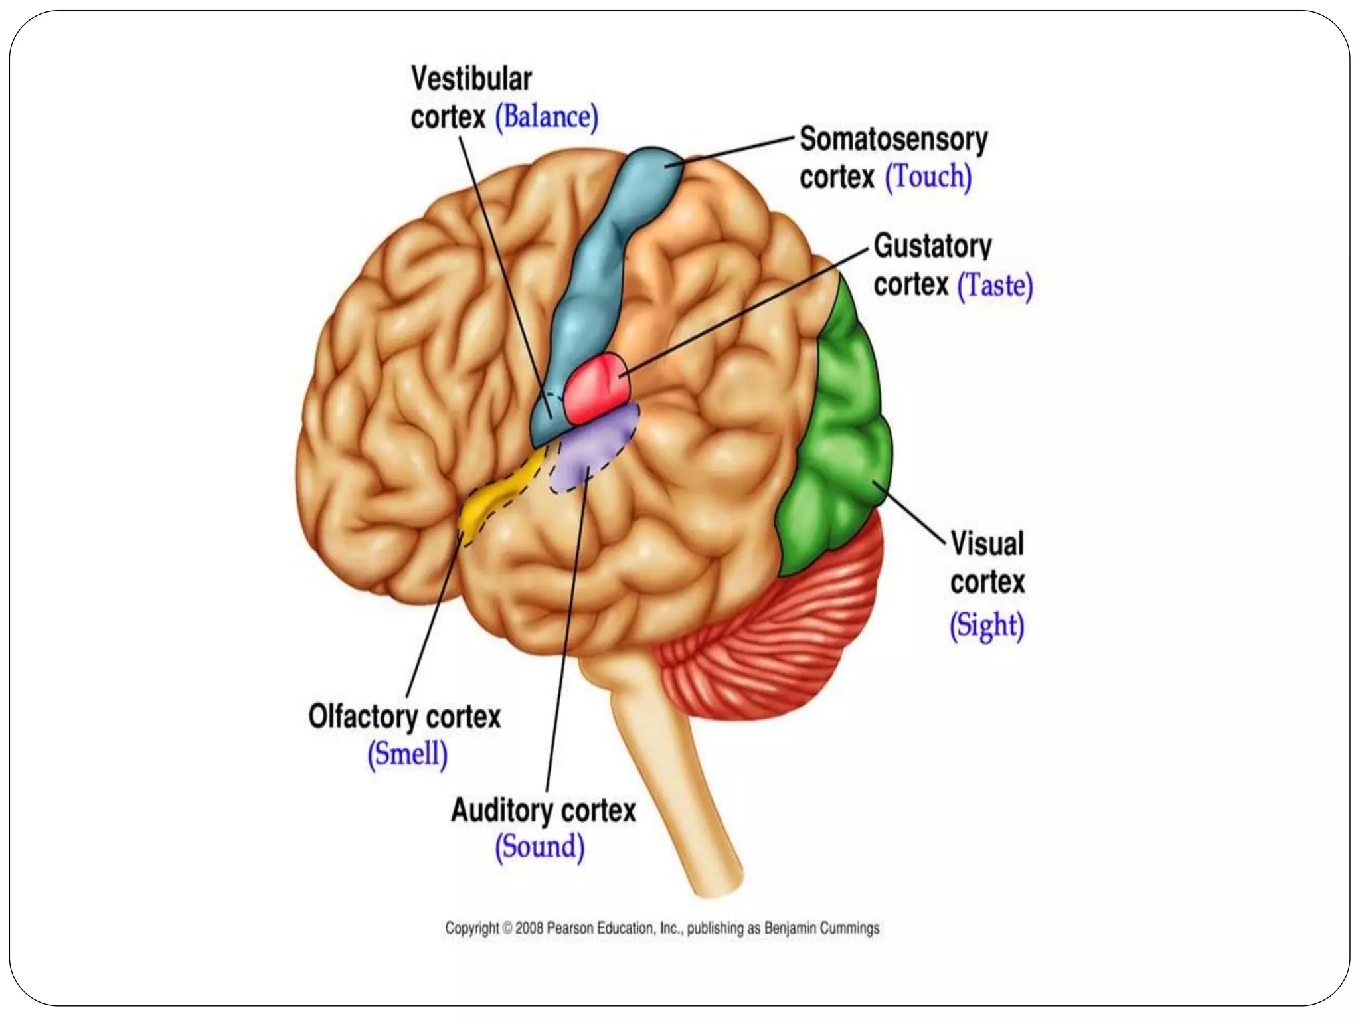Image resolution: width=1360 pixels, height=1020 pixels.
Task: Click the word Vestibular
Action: click(x=471, y=79)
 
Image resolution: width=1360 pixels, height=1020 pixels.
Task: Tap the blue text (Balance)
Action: click(x=547, y=117)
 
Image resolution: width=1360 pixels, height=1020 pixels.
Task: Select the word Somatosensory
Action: click(x=893, y=139)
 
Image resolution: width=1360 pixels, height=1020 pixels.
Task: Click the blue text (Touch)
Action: click(x=928, y=177)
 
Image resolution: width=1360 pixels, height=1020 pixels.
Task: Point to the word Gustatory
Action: click(x=932, y=246)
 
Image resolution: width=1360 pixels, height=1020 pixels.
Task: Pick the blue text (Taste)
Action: click(x=995, y=286)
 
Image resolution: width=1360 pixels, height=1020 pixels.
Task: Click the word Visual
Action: click(x=987, y=543)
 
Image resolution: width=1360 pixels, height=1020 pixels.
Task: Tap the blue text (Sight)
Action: click(x=987, y=626)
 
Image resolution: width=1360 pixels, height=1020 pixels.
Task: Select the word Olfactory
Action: click(x=363, y=717)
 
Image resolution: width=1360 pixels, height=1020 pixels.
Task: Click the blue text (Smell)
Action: click(x=408, y=754)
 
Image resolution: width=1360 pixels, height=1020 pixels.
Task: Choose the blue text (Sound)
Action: click(x=540, y=847)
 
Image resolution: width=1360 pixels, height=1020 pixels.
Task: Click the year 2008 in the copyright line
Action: click(x=529, y=928)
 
